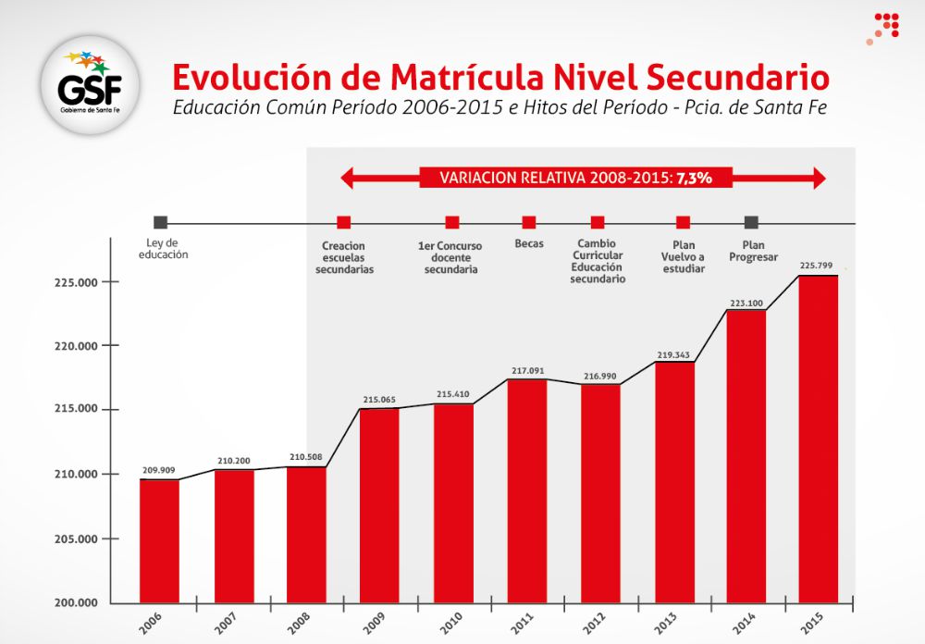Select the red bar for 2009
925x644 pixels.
[379, 505]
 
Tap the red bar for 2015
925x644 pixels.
[819, 440]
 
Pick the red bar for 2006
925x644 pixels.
[160, 541]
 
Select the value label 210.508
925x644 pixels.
[306, 456]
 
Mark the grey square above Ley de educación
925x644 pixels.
[161, 222]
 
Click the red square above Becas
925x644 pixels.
[529, 222]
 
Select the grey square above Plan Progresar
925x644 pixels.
[752, 222]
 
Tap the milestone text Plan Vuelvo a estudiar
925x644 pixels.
[683, 256]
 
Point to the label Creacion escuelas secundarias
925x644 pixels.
[344, 256]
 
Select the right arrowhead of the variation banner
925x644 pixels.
[819, 178]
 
